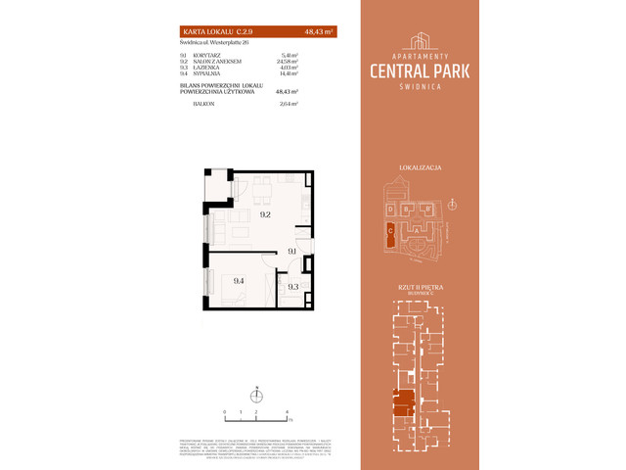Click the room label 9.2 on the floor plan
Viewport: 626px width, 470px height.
pyautogui.click(x=264, y=214)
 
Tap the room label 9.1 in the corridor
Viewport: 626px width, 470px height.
pyautogui.click(x=291, y=252)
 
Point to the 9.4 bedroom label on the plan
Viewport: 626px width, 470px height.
pyautogui.click(x=239, y=280)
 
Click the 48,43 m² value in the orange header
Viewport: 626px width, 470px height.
pyautogui.click(x=320, y=32)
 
